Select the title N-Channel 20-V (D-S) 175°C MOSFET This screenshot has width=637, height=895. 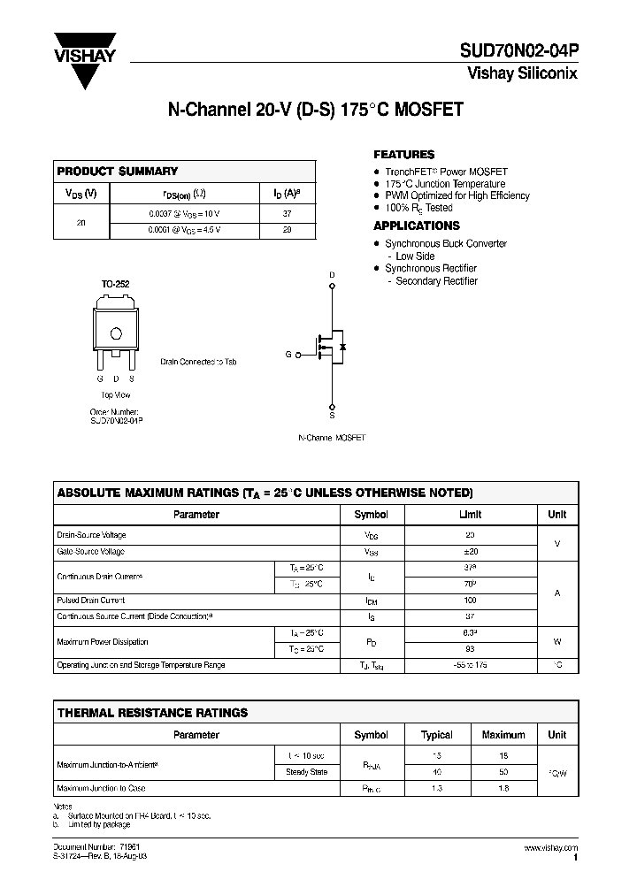coord(316,111)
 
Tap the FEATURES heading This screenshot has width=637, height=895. coord(403,154)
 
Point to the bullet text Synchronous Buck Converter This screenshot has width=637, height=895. coord(446,243)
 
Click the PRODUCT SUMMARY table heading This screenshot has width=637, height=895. coord(117,172)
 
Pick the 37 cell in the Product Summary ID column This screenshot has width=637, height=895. coord(288,213)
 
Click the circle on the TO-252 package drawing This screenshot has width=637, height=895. coord(115,333)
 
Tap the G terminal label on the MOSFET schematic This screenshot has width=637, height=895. coord(288,354)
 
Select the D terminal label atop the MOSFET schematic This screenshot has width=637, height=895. coord(332,275)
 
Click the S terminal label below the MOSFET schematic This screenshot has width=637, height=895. coord(332,414)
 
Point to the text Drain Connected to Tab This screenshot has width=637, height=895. coord(198,362)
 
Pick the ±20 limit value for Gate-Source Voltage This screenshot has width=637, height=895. coord(470,551)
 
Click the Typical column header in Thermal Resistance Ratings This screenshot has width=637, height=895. coord(437,735)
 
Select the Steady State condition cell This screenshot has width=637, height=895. coord(307,772)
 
